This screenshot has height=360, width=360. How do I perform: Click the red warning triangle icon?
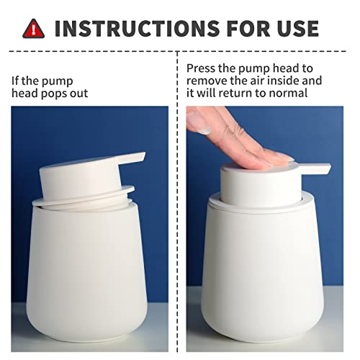click(x=33, y=28)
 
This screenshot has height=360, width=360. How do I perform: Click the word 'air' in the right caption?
click(x=260, y=81)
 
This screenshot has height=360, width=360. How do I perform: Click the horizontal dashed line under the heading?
click(x=180, y=51)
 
